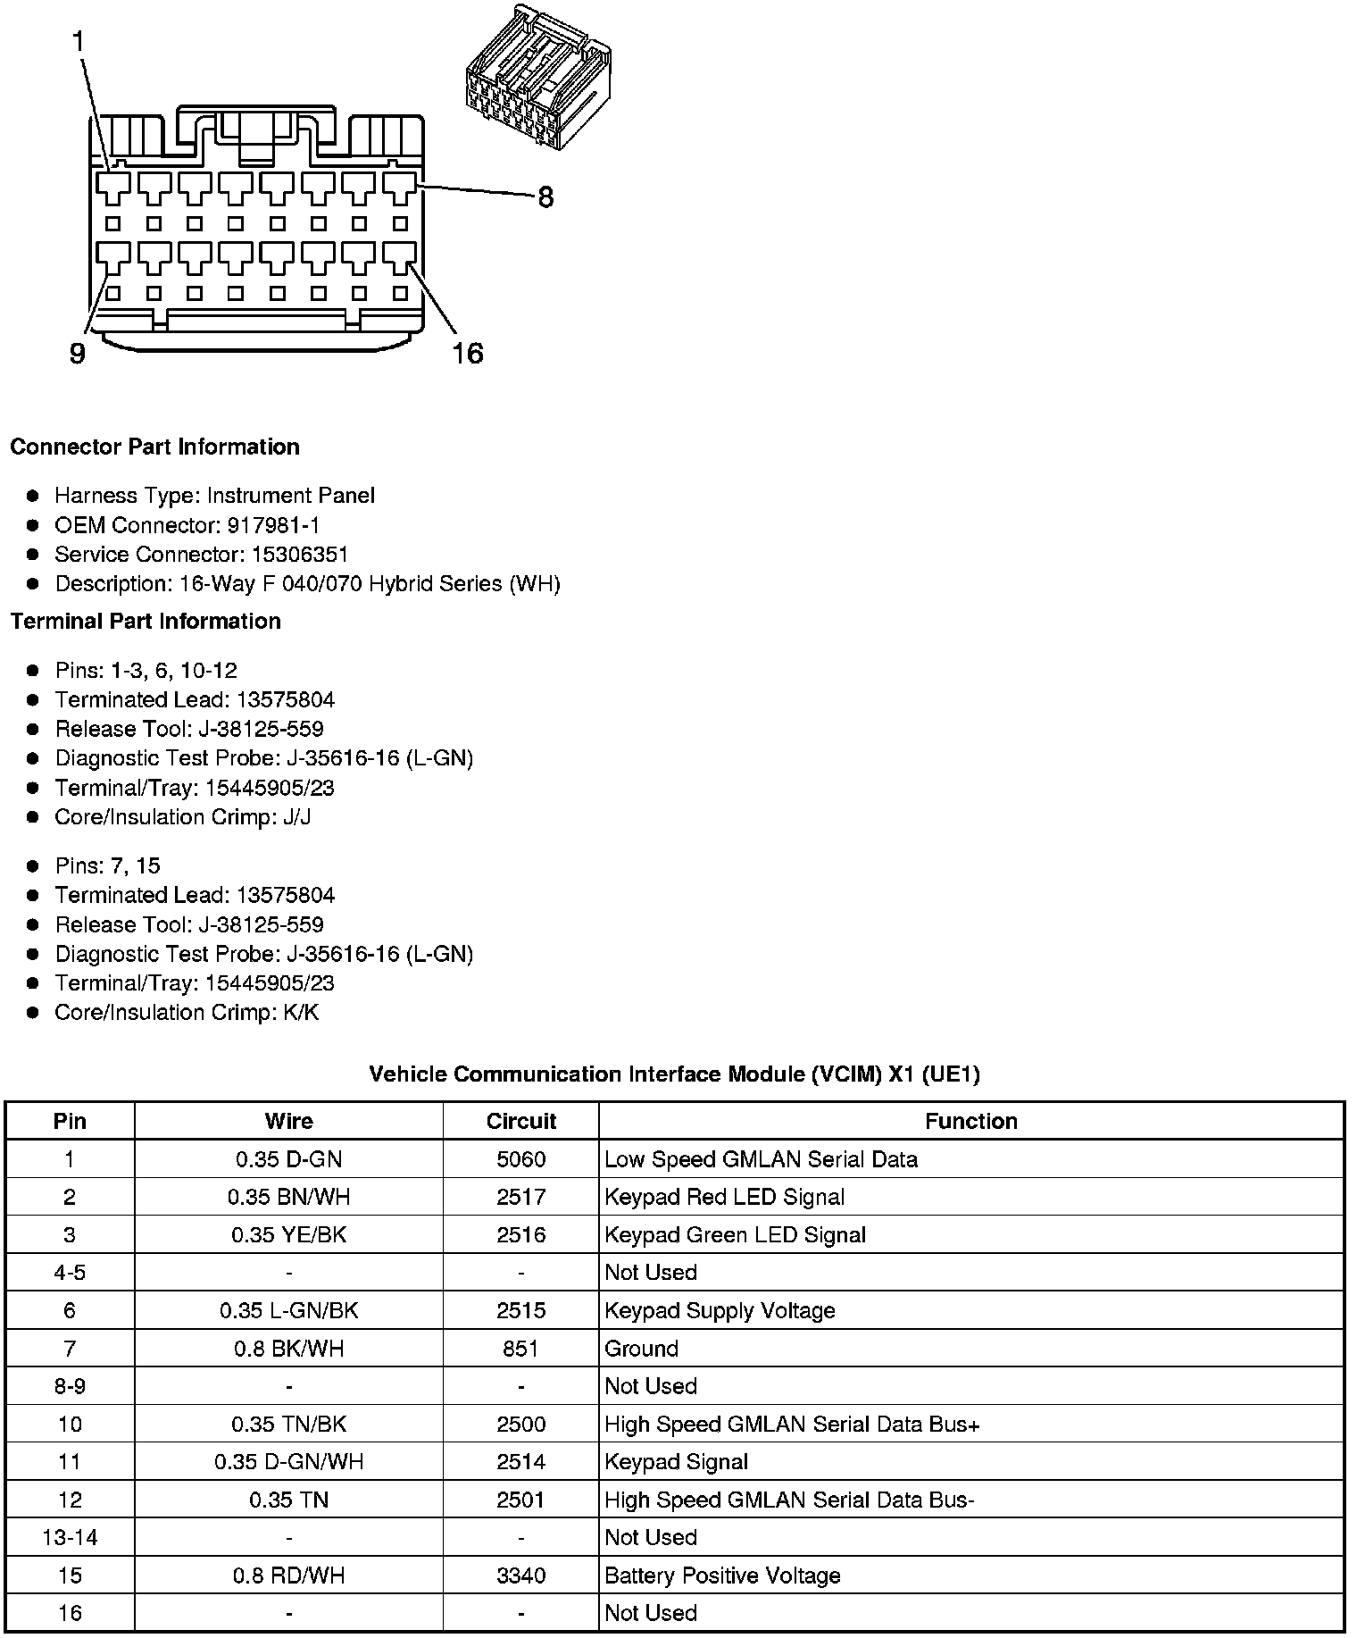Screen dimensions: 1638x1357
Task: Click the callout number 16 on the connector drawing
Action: pos(468,354)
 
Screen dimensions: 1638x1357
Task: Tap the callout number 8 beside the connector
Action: pos(545,197)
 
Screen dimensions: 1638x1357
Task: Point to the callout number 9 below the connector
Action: pos(78,355)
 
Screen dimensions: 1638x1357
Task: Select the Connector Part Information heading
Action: pos(154,447)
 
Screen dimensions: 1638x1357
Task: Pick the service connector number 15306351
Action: pos(299,555)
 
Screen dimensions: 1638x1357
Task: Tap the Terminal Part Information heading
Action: pos(146,621)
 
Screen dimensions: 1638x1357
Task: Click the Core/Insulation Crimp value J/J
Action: pos(296,817)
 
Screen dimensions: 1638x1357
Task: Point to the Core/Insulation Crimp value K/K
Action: pos(300,1013)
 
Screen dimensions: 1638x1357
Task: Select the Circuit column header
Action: pos(520,1122)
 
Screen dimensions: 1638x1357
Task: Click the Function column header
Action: pos(970,1122)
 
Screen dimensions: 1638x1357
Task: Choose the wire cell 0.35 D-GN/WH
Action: pos(288,1462)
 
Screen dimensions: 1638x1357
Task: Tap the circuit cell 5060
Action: pos(520,1159)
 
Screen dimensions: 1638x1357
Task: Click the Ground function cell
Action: pos(641,1349)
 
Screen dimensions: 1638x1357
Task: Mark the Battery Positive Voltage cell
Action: pos(722,1575)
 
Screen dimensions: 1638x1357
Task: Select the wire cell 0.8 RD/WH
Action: pos(288,1575)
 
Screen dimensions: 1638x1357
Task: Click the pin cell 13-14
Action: pos(70,1538)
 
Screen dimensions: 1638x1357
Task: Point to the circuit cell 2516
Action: pos(520,1235)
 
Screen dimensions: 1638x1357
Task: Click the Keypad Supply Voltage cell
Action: pos(720,1311)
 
